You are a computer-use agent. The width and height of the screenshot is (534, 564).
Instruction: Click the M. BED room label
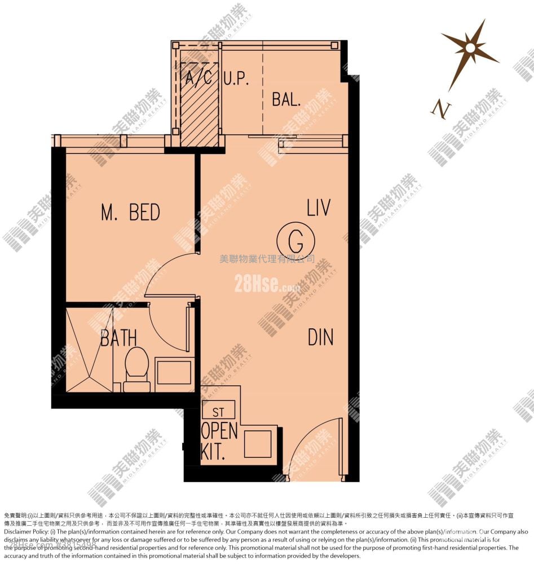tap(130, 213)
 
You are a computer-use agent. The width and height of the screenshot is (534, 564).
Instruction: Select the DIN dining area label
tap(320, 337)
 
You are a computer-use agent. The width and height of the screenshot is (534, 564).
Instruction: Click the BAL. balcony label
tap(286, 99)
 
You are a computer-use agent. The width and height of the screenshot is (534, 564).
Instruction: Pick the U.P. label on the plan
tap(236, 78)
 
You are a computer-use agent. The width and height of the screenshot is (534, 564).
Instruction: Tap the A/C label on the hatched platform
tap(199, 77)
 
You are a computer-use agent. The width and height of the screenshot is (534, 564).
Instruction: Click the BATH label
tap(118, 338)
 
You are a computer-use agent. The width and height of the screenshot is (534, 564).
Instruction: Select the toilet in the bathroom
tap(136, 367)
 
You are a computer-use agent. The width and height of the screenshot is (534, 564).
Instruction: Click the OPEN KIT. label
tap(219, 442)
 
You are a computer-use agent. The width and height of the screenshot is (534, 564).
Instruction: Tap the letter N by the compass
tap(440, 108)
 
